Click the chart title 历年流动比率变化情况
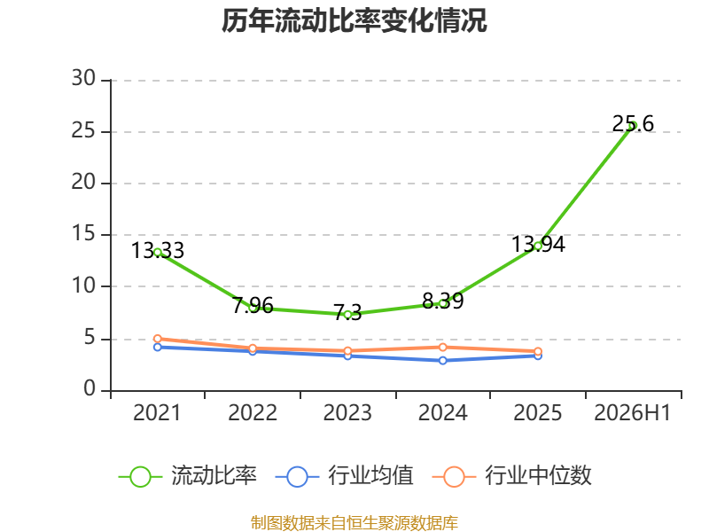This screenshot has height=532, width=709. (x=354, y=20)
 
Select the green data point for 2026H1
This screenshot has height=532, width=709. (x=633, y=125)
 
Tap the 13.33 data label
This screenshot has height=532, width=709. (x=158, y=251)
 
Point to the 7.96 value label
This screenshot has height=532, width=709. (x=253, y=305)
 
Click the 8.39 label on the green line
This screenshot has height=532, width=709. (x=442, y=301)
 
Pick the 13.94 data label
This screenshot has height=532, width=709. (x=538, y=245)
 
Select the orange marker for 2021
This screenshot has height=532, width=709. (x=158, y=339)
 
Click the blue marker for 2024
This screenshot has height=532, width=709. (x=442, y=361)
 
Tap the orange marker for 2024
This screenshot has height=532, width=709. (x=442, y=347)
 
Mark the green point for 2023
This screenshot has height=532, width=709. (x=347, y=315)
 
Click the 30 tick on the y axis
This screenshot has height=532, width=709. (x=83, y=79)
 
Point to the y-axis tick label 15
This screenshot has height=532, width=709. (x=83, y=234)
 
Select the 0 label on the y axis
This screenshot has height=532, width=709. (x=90, y=389)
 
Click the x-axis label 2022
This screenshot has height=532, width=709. (x=253, y=413)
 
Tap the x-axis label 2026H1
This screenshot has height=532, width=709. (x=632, y=413)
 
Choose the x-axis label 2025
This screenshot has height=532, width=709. (x=538, y=413)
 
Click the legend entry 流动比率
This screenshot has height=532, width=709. (x=188, y=476)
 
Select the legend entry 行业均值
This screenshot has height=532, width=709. (x=344, y=476)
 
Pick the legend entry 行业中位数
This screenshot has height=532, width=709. (x=512, y=476)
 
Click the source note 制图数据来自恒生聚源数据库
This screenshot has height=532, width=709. (x=354, y=523)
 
